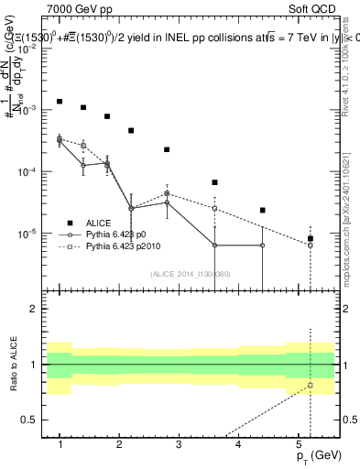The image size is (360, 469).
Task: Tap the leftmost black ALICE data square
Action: [60, 101]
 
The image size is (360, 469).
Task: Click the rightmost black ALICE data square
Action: [311, 238]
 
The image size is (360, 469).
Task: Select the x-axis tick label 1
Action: [60, 444]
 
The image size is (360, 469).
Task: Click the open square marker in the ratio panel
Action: [311, 385]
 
